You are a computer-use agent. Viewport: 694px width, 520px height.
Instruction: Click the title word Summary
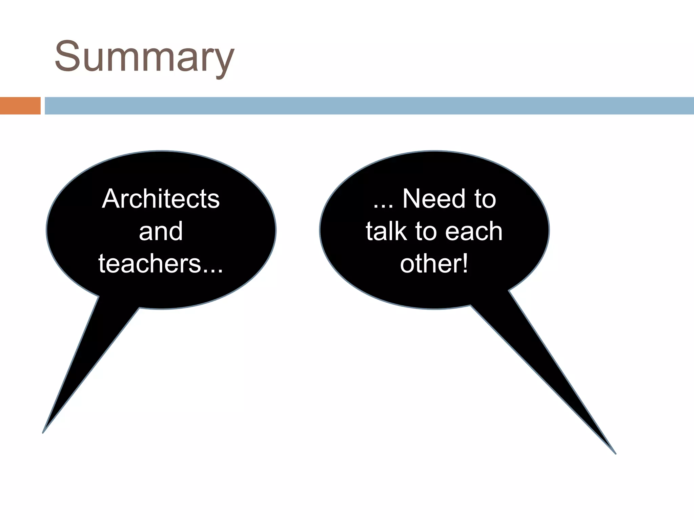click(x=144, y=57)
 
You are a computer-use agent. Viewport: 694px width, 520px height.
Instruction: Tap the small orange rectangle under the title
click(x=20, y=106)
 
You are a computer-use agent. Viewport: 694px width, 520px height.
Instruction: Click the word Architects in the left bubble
click(x=161, y=199)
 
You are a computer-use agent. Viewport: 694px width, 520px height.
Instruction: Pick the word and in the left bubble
click(x=161, y=232)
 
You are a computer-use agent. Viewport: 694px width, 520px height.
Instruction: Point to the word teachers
click(x=149, y=264)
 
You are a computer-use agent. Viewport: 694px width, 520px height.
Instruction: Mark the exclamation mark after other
click(x=465, y=264)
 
